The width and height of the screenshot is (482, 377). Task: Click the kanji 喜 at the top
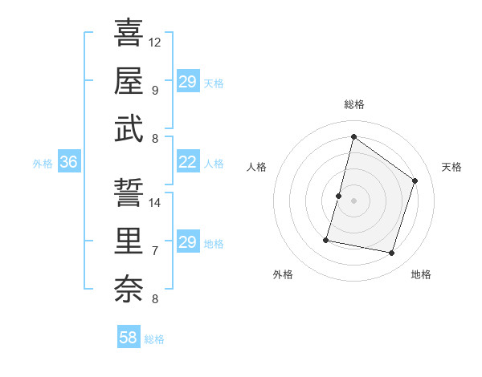pyautogui.click(x=129, y=34)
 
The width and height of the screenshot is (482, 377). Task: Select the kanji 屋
pyautogui.click(x=129, y=80)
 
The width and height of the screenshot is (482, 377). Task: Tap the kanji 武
pyautogui.click(x=129, y=129)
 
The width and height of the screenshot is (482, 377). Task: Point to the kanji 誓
pyautogui.click(x=129, y=193)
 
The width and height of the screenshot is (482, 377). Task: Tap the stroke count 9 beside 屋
pyautogui.click(x=154, y=90)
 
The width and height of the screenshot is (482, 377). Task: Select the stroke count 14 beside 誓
pyautogui.click(x=155, y=202)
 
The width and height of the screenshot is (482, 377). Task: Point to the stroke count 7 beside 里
pyautogui.click(x=154, y=251)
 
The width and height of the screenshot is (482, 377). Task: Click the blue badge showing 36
pyautogui.click(x=68, y=163)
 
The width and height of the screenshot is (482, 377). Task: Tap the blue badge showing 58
pyautogui.click(x=129, y=338)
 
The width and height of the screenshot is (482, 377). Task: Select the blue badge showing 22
pyautogui.click(x=187, y=163)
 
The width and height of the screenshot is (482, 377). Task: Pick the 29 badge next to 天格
pyautogui.click(x=187, y=82)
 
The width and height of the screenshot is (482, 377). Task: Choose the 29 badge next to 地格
pyautogui.click(x=187, y=243)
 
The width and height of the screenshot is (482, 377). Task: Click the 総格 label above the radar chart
pyautogui.click(x=353, y=104)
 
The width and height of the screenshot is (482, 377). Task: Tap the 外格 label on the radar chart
pyautogui.click(x=283, y=274)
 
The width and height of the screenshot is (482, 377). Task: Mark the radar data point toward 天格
pyautogui.click(x=415, y=180)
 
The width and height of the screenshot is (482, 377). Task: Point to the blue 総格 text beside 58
pyautogui.click(x=154, y=339)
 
